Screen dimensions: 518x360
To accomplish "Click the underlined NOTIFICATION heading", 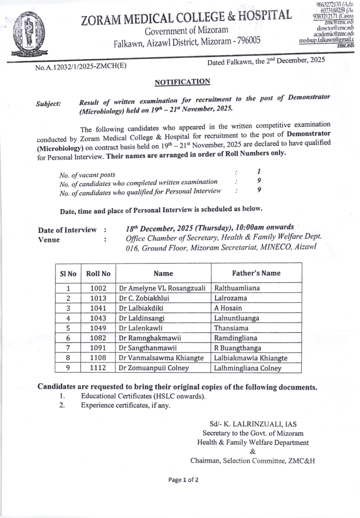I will (x=182, y=82).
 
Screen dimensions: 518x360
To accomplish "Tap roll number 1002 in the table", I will (x=98, y=288).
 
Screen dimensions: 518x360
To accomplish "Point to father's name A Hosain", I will (x=228, y=308).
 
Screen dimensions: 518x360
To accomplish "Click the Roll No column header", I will (x=98, y=274).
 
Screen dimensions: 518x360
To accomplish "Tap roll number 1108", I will (x=98, y=358).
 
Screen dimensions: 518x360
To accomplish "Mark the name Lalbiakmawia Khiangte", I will (x=251, y=358).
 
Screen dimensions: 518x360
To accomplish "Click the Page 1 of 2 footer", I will (x=183, y=480).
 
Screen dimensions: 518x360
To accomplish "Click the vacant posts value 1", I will (x=259, y=171).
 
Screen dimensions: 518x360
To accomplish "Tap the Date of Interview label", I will (x=67, y=230).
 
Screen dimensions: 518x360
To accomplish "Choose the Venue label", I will (x=49, y=239).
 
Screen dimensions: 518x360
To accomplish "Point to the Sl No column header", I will (x=68, y=274).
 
